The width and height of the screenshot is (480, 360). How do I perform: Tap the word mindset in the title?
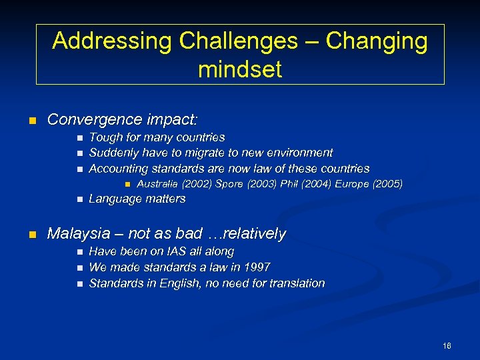(x=240, y=69)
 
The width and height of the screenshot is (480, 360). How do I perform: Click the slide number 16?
(x=446, y=345)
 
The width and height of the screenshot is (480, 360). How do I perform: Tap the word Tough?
(x=104, y=137)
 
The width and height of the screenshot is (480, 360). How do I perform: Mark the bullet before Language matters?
(x=79, y=199)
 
